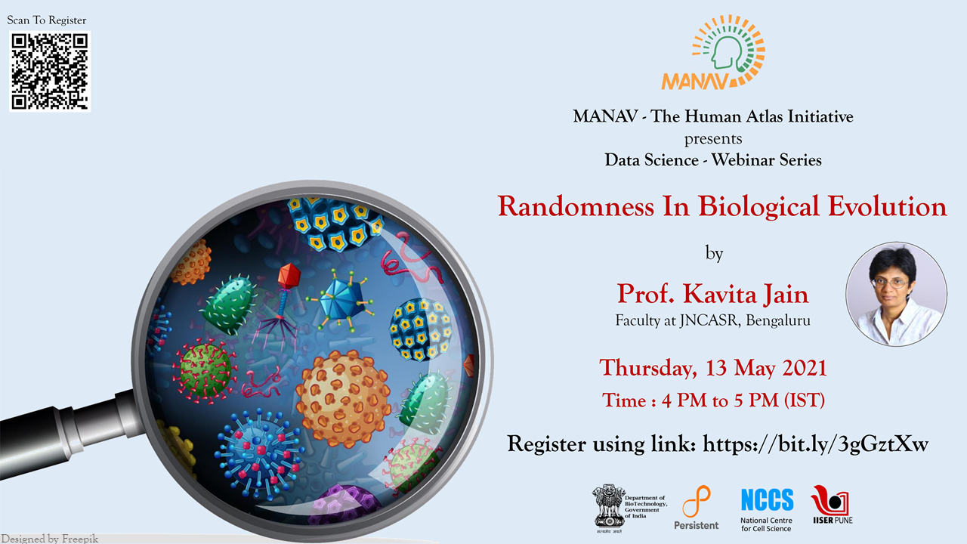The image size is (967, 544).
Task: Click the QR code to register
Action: coord(50,71)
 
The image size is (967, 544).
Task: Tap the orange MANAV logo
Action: coord(713,52)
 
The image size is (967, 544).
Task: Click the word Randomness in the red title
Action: coord(576,206)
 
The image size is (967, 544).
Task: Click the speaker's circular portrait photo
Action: coord(896,294)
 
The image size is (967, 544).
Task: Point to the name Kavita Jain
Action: coord(746,294)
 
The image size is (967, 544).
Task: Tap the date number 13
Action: coord(716,368)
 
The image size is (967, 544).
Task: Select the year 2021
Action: coord(804,368)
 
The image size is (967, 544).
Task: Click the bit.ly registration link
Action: coord(815,444)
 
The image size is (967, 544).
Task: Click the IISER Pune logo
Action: coord(832,504)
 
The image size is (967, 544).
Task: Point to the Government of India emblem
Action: coord(609,507)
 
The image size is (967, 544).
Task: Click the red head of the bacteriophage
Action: coord(289,277)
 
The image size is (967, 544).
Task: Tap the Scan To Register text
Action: coord(47,20)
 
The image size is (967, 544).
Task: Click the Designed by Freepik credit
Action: coord(50,539)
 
